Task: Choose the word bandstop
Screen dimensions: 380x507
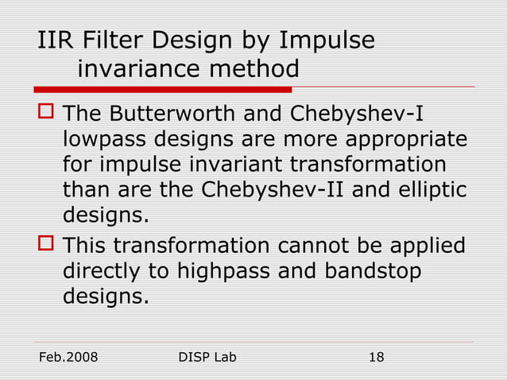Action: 372,271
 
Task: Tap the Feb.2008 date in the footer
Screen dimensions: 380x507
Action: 68,358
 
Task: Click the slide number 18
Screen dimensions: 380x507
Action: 376,358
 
